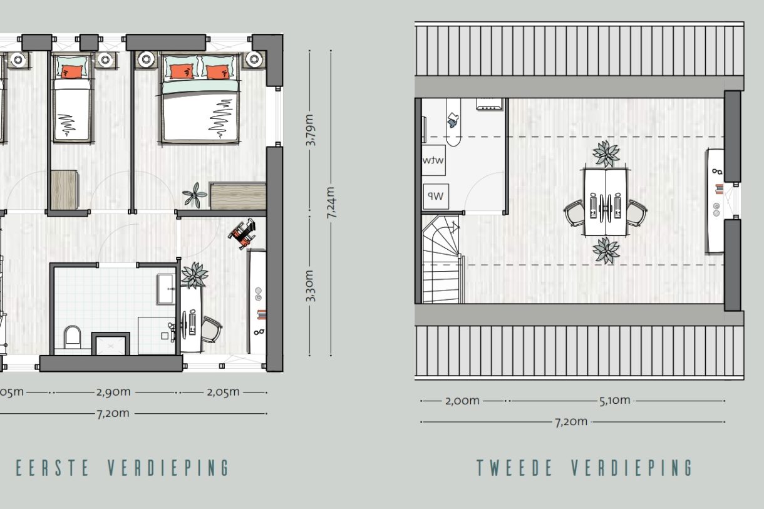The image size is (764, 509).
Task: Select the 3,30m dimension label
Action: [x=311, y=285]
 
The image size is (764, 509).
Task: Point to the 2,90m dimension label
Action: [x=113, y=392]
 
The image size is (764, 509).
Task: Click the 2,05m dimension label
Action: [x=222, y=392]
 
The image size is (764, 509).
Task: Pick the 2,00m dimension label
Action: [x=462, y=401]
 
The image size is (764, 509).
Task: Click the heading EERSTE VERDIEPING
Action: [x=123, y=468]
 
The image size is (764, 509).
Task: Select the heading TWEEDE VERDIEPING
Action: [x=585, y=468]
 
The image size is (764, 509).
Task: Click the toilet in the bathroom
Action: [x=73, y=337]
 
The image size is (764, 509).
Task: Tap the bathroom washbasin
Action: [x=167, y=289]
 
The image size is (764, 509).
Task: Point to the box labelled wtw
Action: [x=433, y=160]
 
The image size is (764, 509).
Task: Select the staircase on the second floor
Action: [x=441, y=258]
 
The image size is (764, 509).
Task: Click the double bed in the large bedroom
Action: [x=200, y=100]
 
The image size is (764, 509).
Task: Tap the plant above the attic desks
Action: [x=606, y=153]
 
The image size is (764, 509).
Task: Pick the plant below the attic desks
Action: [x=606, y=250]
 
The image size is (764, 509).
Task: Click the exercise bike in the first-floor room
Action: [x=243, y=234]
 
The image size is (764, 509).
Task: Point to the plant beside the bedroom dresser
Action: [x=195, y=195]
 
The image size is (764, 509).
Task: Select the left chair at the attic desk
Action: [x=574, y=212]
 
